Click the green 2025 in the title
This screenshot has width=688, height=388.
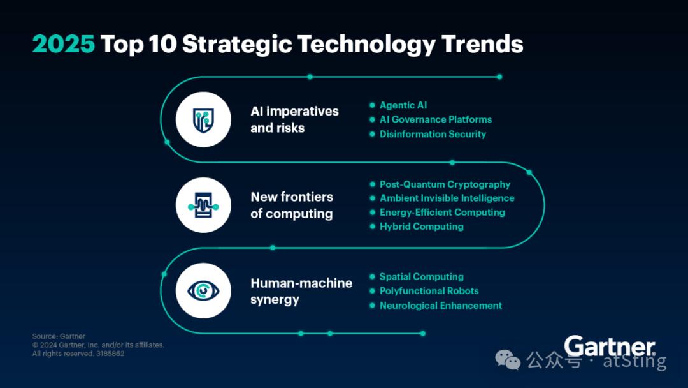point(64,44)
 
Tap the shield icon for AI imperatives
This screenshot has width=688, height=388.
point(203,120)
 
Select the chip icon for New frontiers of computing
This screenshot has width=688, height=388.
point(203,205)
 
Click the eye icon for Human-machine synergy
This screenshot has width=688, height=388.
point(203,291)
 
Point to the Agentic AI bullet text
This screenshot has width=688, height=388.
point(403,105)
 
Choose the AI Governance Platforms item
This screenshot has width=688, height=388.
point(436,119)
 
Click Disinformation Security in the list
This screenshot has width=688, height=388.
point(433,134)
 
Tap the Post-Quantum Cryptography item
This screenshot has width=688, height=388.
point(445,184)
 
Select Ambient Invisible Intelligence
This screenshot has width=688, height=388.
point(447,198)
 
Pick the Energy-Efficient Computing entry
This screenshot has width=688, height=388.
point(442,213)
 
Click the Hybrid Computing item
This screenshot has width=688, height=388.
point(422,227)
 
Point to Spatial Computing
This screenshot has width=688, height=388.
point(422,277)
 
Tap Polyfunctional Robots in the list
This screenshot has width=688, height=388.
point(429,291)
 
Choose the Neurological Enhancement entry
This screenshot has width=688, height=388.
point(441,306)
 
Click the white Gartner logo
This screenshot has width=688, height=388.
point(610,347)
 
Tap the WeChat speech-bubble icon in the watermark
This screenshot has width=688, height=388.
point(508,360)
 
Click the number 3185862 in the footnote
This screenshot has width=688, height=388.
point(110,354)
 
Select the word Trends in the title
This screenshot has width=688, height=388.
point(482,44)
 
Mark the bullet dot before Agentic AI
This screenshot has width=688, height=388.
point(373,105)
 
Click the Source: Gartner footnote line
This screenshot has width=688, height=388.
point(59,336)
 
